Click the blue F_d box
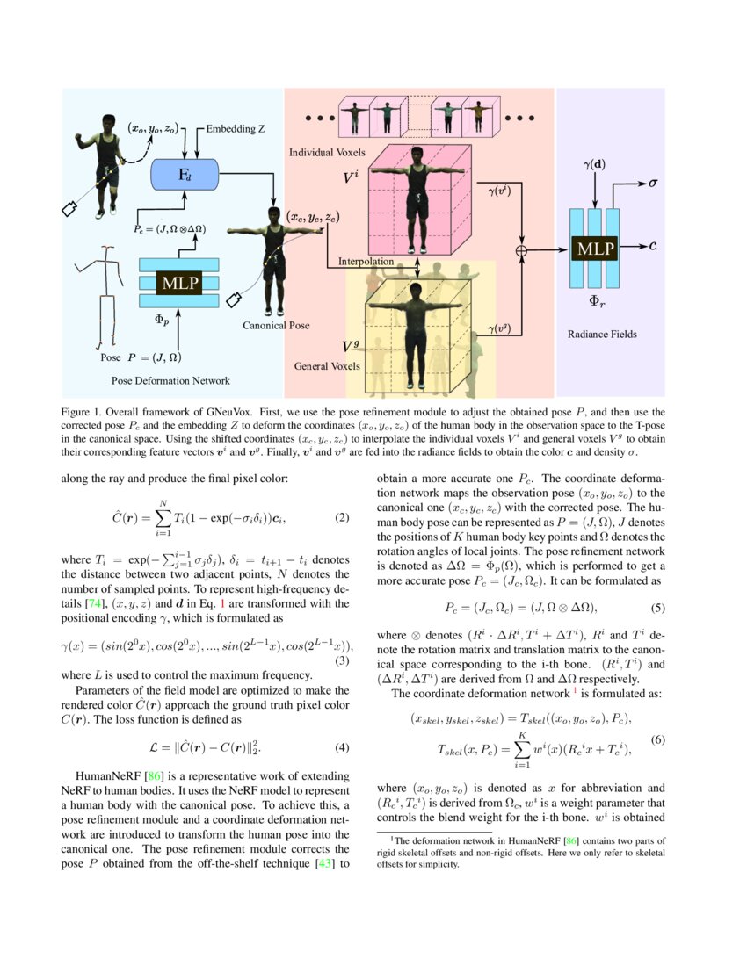pos(185,175)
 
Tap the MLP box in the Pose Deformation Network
pos(178,283)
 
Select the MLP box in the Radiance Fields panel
pos(595,249)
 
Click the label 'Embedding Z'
pos(236,129)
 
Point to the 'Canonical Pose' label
pos(276,325)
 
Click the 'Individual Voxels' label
pos(323,153)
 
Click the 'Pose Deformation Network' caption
pos(171,380)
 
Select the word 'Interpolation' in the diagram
pos(366,261)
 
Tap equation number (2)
pos(344,517)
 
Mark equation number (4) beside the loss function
pos(344,747)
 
